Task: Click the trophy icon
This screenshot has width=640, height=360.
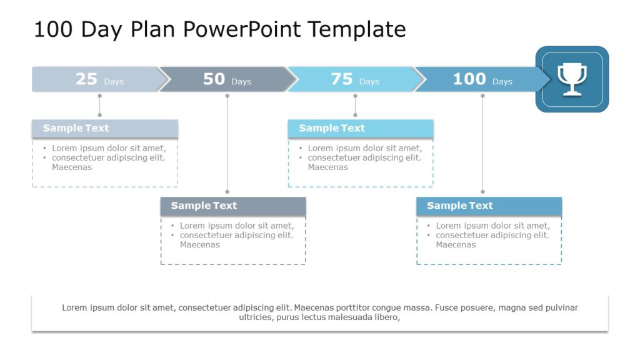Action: pyautogui.click(x=572, y=79)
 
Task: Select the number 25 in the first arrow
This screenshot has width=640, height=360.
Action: pyautogui.click(x=86, y=79)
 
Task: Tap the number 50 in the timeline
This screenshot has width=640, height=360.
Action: pyautogui.click(x=214, y=79)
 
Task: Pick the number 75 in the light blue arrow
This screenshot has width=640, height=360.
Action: pyautogui.click(x=342, y=79)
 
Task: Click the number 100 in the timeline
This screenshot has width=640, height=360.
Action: pyautogui.click(x=469, y=79)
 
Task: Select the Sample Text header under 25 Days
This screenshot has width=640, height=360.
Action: pyautogui.click(x=76, y=128)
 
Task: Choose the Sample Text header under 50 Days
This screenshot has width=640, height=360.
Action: pyautogui.click(x=204, y=206)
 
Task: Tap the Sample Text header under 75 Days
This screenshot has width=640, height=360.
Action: pyautogui.click(x=331, y=128)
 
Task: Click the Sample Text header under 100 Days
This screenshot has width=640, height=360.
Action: pyautogui.click(x=459, y=206)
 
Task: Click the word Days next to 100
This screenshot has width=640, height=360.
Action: pyautogui.click(x=502, y=82)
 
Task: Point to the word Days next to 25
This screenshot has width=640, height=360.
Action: pyautogui.click(x=114, y=82)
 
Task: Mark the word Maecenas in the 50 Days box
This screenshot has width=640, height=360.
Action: pyautogui.click(x=200, y=245)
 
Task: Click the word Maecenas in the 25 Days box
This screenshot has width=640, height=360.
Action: pyautogui.click(x=72, y=167)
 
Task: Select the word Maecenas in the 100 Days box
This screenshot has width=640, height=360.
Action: pyautogui.click(x=456, y=245)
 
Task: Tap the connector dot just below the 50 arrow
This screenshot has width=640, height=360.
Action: pyautogui.click(x=227, y=96)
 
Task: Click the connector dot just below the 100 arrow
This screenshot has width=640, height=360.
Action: pyautogui.click(x=482, y=96)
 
